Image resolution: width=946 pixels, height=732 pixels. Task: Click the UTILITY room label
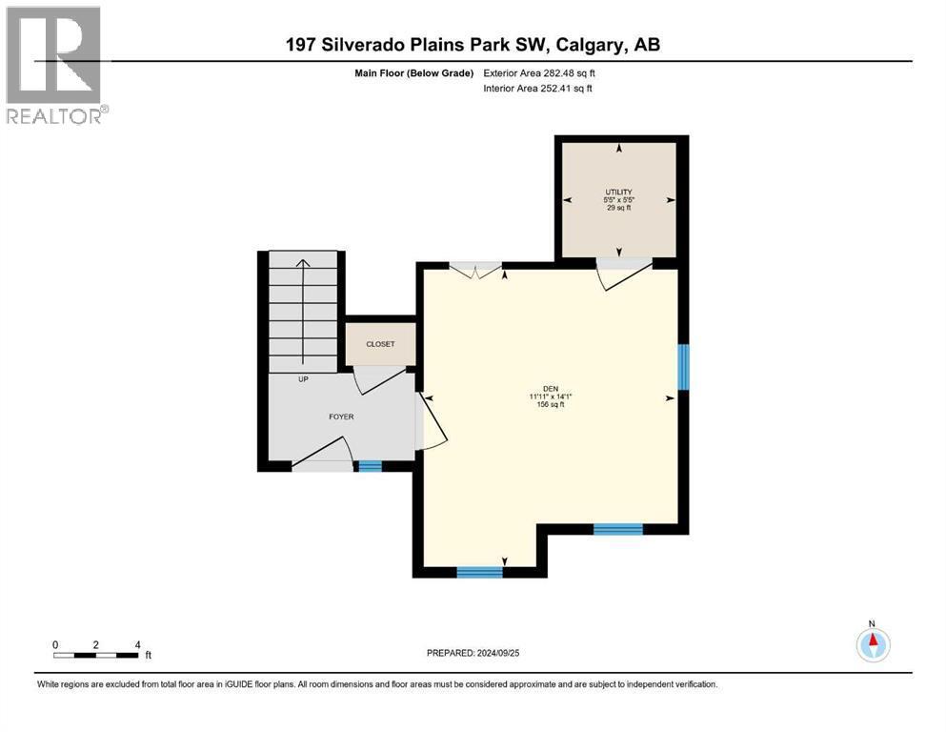619,192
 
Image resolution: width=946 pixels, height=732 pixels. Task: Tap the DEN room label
551,389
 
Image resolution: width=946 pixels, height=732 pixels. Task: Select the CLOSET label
380,344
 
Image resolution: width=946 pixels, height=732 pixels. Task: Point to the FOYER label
341,417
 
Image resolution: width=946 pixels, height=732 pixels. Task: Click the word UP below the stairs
304,379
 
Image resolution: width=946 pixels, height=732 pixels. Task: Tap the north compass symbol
873,644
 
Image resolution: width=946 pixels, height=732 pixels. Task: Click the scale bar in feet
96,654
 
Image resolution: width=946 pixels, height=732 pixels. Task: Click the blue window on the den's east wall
684,367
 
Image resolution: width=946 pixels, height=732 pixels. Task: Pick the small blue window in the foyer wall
371,466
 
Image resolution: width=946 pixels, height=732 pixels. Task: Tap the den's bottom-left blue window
479,573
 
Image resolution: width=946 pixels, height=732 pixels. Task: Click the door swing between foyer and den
432,421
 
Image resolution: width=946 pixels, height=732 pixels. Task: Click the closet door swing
379,379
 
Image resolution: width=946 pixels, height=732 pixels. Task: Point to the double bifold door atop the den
476,272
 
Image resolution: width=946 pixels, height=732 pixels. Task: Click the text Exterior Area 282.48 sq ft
539,73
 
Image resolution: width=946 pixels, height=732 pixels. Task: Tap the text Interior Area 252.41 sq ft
537,88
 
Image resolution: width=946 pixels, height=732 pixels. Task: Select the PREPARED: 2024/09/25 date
473,653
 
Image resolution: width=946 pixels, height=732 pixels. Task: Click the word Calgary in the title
590,45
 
